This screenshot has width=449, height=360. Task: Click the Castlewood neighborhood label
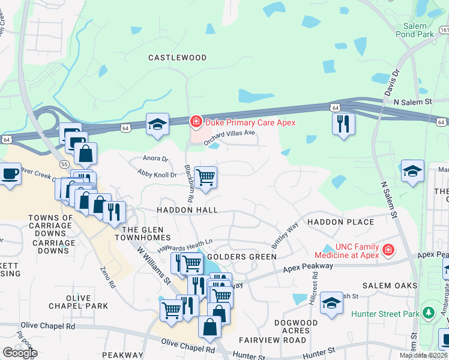pyautogui.click(x=178, y=58)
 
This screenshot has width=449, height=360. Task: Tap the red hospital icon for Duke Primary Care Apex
pyautogui.click(x=195, y=122)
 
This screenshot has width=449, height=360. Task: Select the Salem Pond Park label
pyautogui.click(x=415, y=31)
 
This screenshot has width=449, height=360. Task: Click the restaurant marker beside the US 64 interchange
pyautogui.click(x=343, y=124)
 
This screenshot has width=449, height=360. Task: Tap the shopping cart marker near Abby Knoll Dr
pyautogui.click(x=205, y=177)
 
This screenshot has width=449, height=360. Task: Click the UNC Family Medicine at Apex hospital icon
pyautogui.click(x=388, y=249)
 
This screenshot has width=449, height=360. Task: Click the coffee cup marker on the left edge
pyautogui.click(x=10, y=175)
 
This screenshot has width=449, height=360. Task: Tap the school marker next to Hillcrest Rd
pyautogui.click(x=331, y=302)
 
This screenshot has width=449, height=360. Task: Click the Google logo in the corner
pyautogui.click(x=20, y=353)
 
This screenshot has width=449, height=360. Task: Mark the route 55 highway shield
pyautogui.click(x=64, y=163)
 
